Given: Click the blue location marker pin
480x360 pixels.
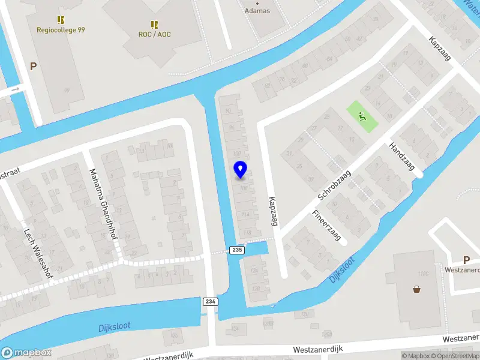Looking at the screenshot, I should tap(241, 170).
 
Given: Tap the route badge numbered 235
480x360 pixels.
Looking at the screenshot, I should tap(237, 250).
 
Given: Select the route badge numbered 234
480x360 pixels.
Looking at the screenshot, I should tap(209, 301).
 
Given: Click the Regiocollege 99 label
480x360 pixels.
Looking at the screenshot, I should tap(61, 29).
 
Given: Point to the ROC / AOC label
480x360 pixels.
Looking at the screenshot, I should tap(155, 34).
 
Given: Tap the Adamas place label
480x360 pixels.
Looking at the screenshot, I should tap(257, 11).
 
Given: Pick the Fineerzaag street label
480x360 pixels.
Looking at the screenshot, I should tap(326, 225).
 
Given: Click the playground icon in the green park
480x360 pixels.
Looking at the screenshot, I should tap(362, 116).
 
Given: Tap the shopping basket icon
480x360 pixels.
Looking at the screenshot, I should tap(417, 289).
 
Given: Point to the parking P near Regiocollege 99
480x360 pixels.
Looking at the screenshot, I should tap(33, 67).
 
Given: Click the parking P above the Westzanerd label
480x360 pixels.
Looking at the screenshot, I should tap(466, 260).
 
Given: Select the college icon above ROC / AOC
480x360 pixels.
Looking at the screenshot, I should tap(154, 24).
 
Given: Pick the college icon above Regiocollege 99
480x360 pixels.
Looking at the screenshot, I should tap(60, 20).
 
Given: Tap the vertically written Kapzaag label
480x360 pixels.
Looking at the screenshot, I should tap(273, 211).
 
